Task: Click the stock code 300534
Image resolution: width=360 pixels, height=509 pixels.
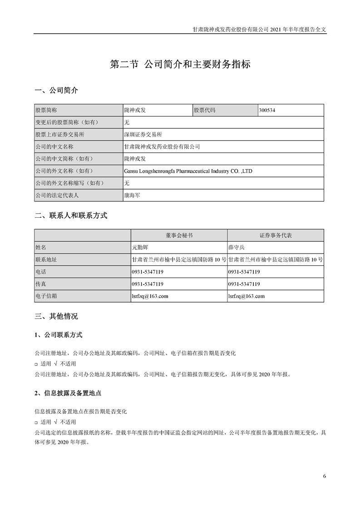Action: click(267, 110)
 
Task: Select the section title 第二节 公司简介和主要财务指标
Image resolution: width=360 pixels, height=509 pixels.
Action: click(180, 64)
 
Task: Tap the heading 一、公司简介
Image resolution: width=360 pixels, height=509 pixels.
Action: click(56, 91)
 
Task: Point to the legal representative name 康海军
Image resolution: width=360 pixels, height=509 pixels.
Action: click(132, 196)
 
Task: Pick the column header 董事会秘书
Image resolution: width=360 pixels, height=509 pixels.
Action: click(179, 235)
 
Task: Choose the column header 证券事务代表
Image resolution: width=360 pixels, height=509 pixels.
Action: click(276, 235)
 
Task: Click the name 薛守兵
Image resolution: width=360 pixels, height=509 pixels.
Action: click(237, 248)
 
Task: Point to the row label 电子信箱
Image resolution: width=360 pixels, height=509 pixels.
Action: click(47, 296)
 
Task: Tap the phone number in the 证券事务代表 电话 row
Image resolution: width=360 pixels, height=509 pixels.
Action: click(244, 272)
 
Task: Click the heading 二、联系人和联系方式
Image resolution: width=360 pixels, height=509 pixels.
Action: click(71, 216)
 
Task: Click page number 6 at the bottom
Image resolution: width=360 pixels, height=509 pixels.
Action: click(325, 476)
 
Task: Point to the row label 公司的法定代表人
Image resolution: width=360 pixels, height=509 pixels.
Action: click(57, 196)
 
